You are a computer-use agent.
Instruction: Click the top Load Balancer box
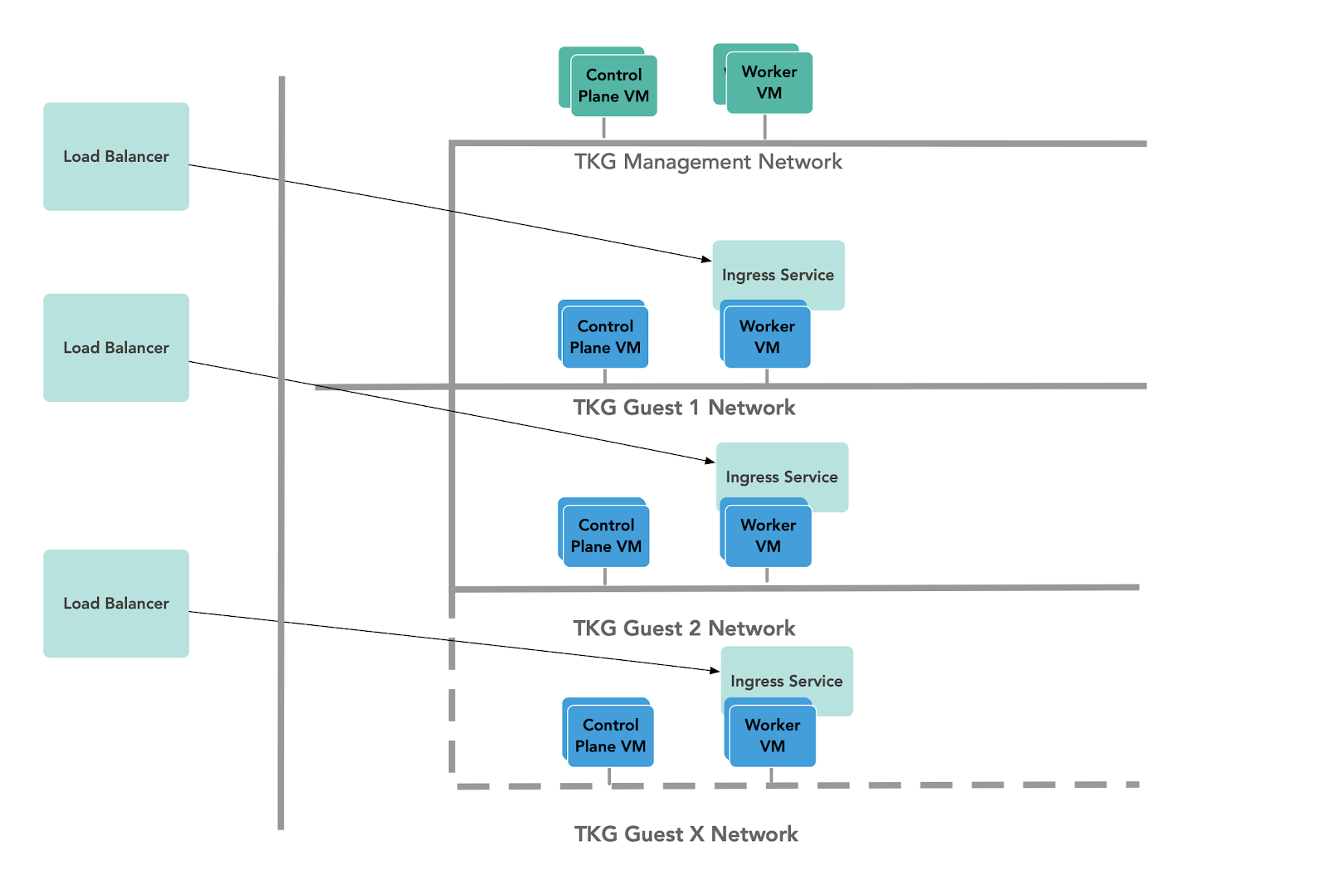coord(116,156)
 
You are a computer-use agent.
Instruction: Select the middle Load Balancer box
coord(116,347)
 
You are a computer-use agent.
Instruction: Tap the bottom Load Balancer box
coord(116,604)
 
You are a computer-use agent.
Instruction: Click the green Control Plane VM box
coord(613,86)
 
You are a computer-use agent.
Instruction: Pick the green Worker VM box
coord(769,82)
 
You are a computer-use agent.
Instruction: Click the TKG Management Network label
coord(708,162)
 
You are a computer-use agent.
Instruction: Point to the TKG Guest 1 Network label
coord(684,408)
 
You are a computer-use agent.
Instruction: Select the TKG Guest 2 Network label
coord(684,628)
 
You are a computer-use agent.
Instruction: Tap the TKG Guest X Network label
coord(686,834)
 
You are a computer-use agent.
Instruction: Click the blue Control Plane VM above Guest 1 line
coord(605,337)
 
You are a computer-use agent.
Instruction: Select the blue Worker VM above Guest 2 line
coord(768,536)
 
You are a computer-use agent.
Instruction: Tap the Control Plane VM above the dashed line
coord(610,736)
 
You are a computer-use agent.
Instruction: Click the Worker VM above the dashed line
coord(772,736)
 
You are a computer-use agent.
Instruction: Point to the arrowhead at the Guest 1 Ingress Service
coord(707,260)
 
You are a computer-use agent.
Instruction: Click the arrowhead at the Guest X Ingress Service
coord(715,670)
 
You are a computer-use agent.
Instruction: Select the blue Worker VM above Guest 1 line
coord(767,337)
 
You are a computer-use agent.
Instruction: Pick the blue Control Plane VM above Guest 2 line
coord(606,536)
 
